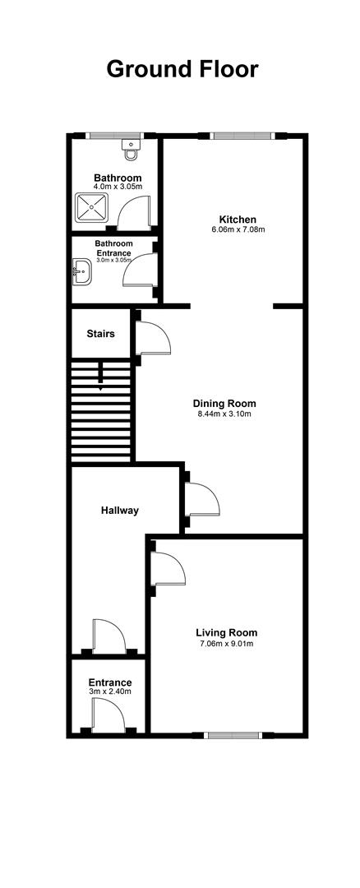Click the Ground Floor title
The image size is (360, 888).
point(182,69)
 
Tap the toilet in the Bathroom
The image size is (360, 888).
point(132,150)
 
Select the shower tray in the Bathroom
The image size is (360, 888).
point(91,207)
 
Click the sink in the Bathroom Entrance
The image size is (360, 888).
point(82,272)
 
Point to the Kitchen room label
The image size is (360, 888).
point(238,220)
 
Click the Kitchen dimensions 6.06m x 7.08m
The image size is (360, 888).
point(238,229)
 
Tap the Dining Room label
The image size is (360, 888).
point(224,404)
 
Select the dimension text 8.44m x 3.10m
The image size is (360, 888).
point(224,414)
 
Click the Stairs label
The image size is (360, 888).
point(101,334)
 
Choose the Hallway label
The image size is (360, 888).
point(120,511)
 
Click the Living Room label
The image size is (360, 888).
point(226,632)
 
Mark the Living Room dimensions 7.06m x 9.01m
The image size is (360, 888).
point(226,643)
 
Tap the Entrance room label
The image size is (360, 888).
point(110,682)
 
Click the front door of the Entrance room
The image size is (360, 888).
point(108,715)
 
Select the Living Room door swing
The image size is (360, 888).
point(168,568)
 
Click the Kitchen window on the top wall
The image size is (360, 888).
point(242,136)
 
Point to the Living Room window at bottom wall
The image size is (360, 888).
point(233,735)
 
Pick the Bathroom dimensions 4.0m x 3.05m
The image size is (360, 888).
point(118,186)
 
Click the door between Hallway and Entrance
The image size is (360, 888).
point(109,636)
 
